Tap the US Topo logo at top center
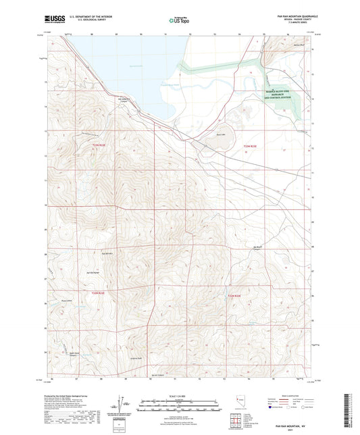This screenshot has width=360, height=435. [x=180, y=22]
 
